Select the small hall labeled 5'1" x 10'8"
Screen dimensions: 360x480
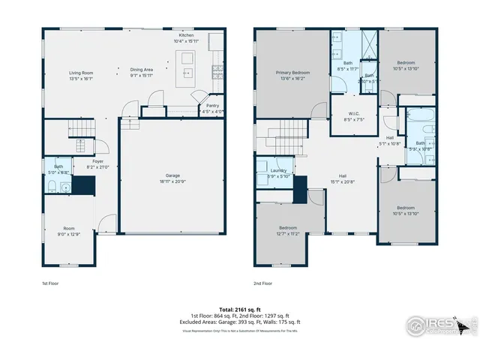pos(390,139)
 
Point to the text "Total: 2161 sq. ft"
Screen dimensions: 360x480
pos(240,309)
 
